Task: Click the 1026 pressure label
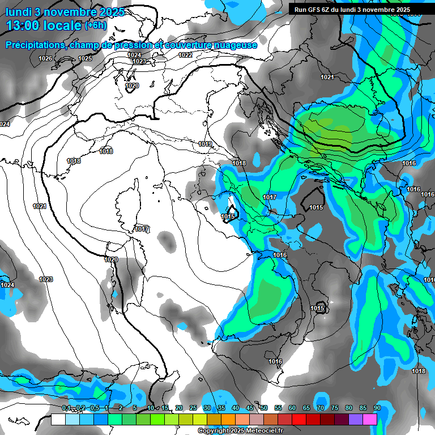(x=45, y=59)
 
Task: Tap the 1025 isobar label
(x=85, y=59)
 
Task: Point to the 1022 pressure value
(x=185, y=55)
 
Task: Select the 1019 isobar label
(x=205, y=144)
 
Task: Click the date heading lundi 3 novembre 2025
(x=65, y=12)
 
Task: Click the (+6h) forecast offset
(x=98, y=25)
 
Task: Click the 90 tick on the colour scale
(x=377, y=408)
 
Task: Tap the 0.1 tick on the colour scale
(x=66, y=408)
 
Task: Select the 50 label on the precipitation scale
(x=264, y=408)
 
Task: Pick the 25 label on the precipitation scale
(x=193, y=408)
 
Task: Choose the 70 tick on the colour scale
(x=321, y=408)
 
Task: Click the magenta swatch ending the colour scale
(x=370, y=419)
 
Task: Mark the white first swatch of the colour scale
(x=58, y=419)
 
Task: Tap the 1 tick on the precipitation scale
(x=107, y=408)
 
